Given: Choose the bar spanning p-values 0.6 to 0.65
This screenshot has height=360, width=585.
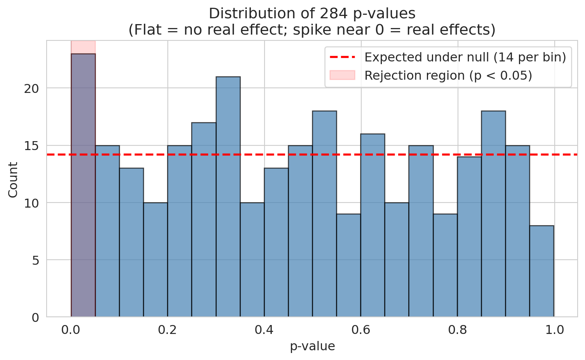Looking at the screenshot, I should (x=373, y=225).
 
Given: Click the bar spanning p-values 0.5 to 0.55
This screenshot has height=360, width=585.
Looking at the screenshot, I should (x=324, y=214).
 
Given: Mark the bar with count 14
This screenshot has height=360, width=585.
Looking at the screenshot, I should (x=469, y=237).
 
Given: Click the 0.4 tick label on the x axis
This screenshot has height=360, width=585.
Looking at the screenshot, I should (x=264, y=330).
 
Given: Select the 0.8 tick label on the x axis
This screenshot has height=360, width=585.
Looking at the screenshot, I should (x=458, y=330).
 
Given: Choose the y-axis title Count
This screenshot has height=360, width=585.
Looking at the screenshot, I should (x=13, y=180).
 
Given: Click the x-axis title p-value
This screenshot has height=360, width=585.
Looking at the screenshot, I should (x=312, y=346).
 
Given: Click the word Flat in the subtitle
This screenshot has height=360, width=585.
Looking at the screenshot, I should (x=142, y=30).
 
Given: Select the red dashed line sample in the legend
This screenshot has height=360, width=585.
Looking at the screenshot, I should (x=342, y=58).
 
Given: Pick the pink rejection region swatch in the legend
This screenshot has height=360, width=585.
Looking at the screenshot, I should (x=342, y=75).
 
